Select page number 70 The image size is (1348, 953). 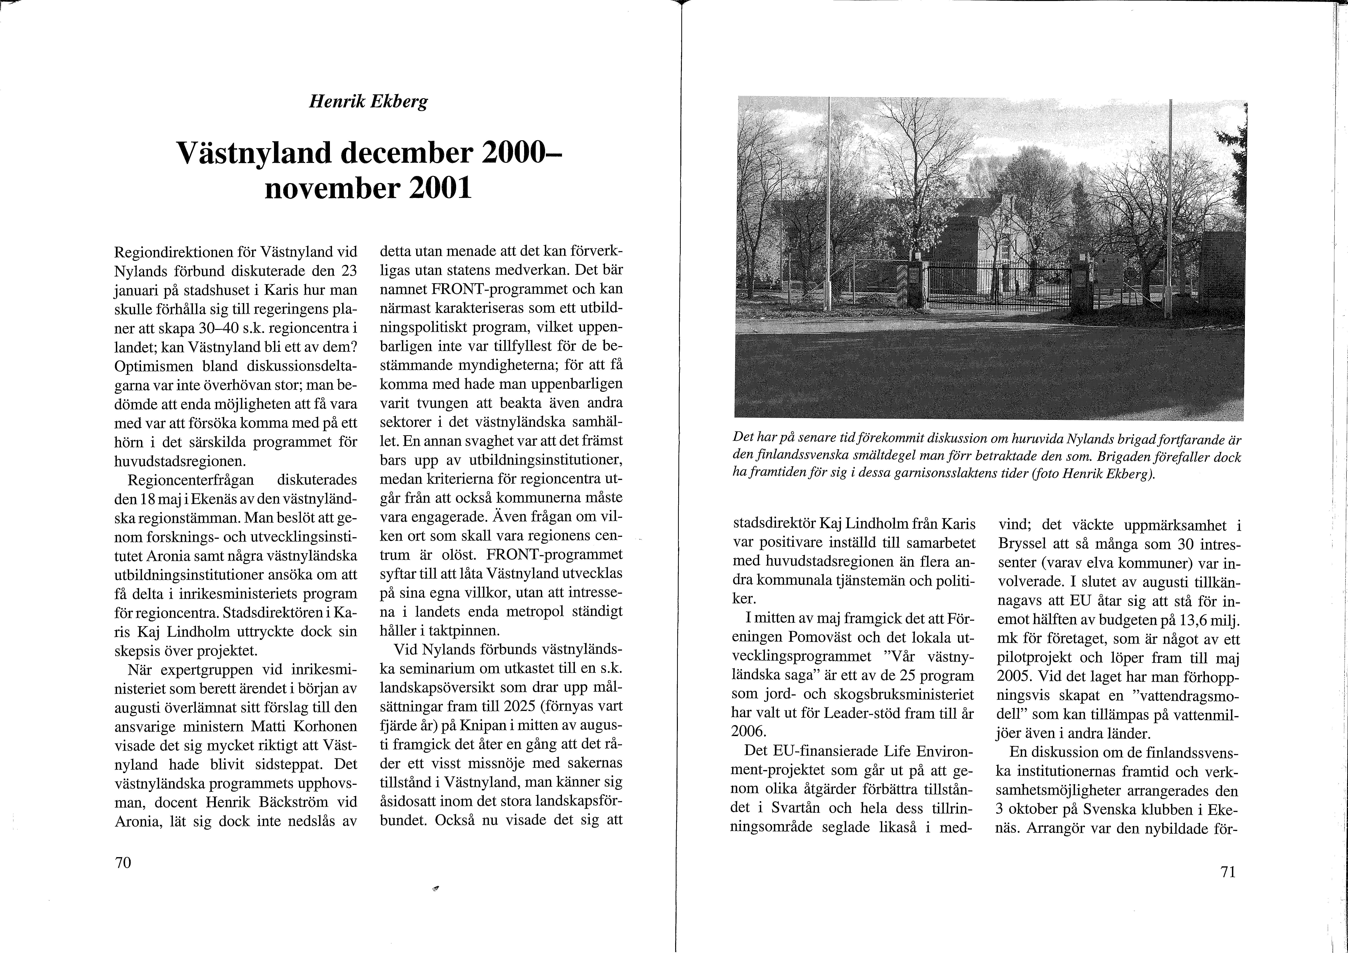click(123, 863)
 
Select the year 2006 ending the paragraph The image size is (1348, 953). click(749, 732)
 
